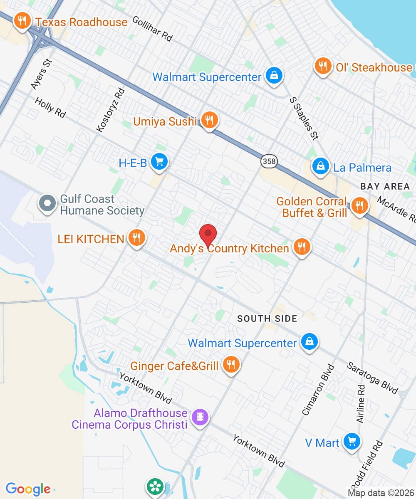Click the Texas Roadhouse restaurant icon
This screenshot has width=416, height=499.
[x=21, y=21]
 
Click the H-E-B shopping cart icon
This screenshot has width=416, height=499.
[x=159, y=162]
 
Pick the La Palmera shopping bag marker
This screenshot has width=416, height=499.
[x=321, y=166]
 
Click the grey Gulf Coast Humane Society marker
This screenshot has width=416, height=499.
[x=47, y=204]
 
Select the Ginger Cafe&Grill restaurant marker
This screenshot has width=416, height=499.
[x=230, y=365]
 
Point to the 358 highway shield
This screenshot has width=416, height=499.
[x=270, y=161]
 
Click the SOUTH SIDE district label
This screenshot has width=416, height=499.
[x=267, y=319]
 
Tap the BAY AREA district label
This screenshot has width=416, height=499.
[x=385, y=186]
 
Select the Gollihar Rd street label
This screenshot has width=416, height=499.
[x=152, y=28]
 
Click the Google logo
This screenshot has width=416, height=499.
[x=28, y=489]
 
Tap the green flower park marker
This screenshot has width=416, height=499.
[x=155, y=486]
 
